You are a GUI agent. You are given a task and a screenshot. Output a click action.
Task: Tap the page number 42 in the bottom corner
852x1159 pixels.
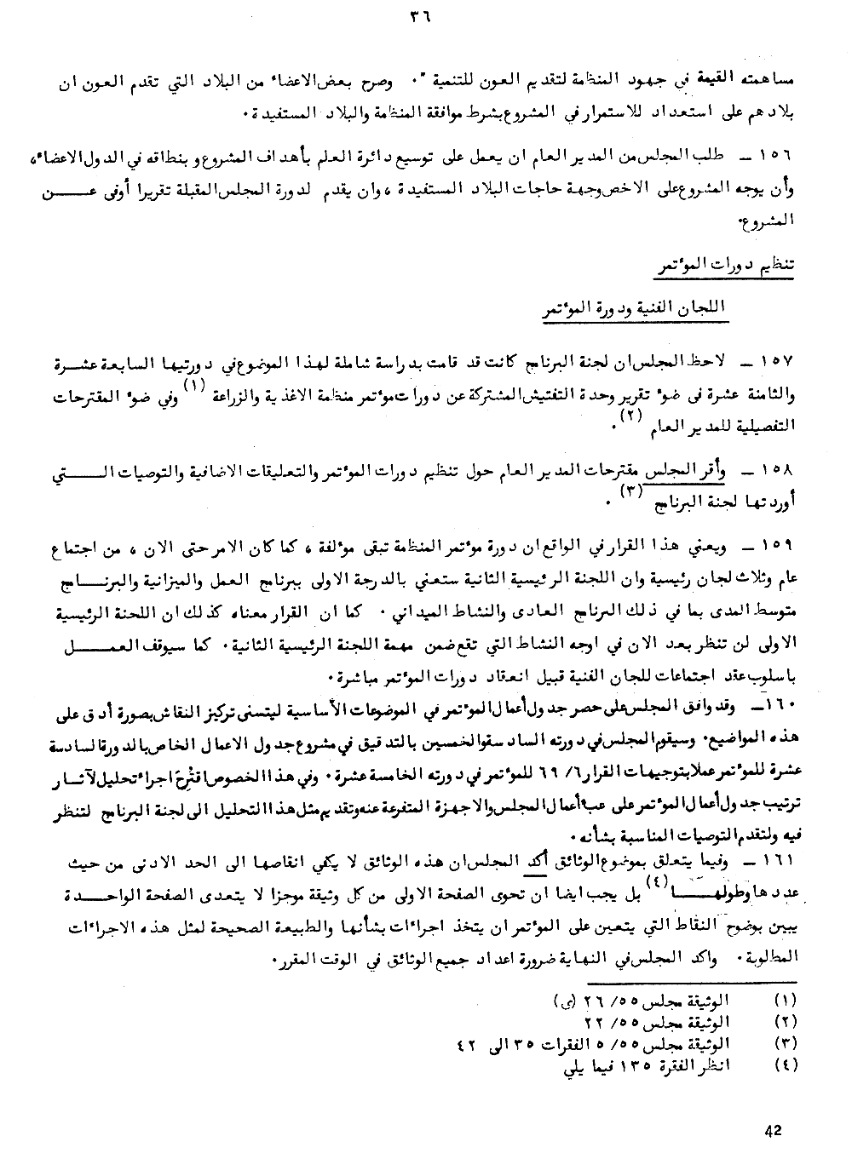[774, 1130]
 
